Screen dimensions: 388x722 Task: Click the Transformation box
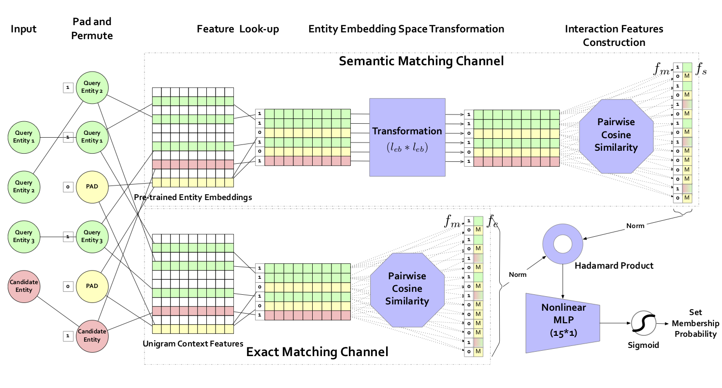click(x=407, y=137)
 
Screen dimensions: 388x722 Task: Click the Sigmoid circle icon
click(x=643, y=323)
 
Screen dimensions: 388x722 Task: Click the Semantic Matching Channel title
click(x=421, y=61)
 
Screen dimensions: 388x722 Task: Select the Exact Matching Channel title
click(x=317, y=352)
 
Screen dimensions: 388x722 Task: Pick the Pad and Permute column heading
click(x=92, y=29)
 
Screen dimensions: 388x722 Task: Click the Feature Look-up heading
click(x=238, y=29)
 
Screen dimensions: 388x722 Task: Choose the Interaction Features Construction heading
click(x=614, y=35)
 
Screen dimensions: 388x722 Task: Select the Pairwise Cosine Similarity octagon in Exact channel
click(x=408, y=288)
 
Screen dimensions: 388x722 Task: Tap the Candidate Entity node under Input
click(x=24, y=286)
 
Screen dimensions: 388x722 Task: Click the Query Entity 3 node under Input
click(x=24, y=237)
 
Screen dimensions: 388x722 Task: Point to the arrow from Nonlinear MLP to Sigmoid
click(x=615, y=323)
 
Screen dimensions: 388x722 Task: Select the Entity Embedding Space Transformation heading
click(x=406, y=29)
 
